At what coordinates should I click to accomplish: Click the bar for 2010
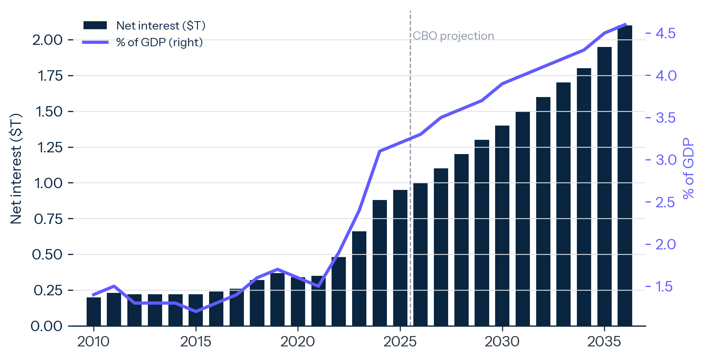pos(94,312)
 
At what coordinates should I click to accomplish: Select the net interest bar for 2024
pos(380,263)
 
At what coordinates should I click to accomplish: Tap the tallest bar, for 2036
pos(625,176)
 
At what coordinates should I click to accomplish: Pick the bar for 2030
pos(502,226)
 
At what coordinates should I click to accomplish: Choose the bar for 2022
pos(339,291)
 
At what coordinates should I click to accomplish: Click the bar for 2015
pos(196,310)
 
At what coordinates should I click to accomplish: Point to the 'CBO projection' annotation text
pos(453,36)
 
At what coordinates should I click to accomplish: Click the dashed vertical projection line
pos(410,168)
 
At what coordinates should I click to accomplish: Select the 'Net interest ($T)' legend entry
pos(144,25)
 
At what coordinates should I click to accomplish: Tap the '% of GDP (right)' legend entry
pos(143,42)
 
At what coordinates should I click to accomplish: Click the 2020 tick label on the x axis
pos(297,342)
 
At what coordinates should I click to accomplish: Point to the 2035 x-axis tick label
pos(604,342)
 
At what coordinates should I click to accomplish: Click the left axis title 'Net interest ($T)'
pos(16,168)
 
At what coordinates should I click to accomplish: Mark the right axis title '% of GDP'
pos(688,168)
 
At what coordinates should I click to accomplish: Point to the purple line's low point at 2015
pos(196,311)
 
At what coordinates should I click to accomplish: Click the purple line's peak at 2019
pos(277,269)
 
